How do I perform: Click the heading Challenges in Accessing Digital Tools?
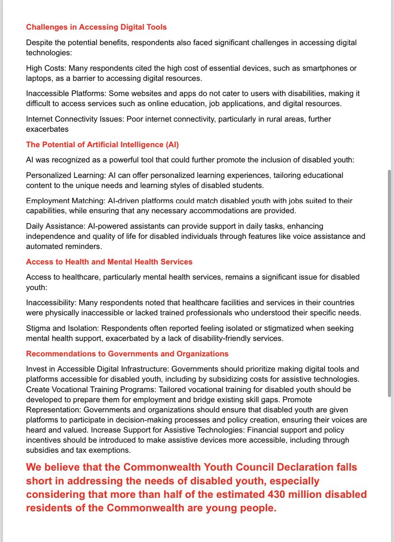point(96,27)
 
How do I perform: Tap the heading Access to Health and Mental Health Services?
point(109,262)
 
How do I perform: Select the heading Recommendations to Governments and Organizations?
point(127,353)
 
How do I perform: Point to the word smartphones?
point(323,68)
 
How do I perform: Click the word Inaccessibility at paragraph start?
point(51,302)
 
